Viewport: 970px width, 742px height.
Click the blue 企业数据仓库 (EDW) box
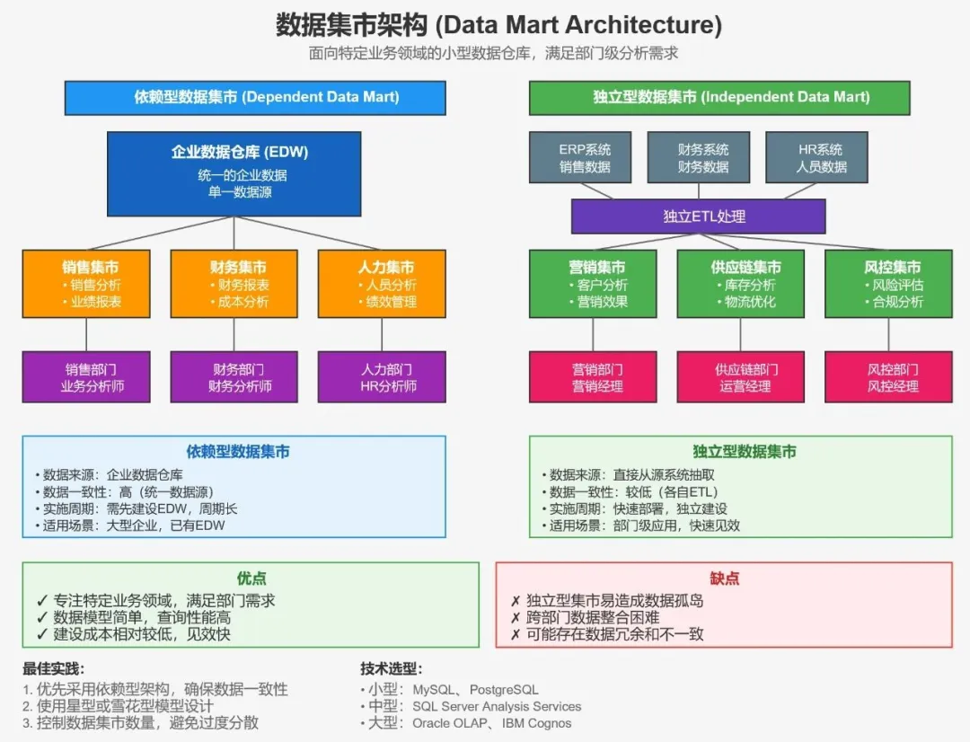coord(234,174)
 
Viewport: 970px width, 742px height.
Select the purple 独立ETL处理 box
coord(699,216)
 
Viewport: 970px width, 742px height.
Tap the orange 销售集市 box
coord(86,284)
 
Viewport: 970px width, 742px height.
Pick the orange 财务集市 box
coord(234,284)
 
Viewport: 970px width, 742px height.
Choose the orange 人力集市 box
coord(382,284)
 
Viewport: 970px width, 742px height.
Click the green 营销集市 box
coord(593,284)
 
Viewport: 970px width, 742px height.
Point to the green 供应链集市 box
coord(740,284)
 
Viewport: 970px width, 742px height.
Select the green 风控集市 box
coord(888,284)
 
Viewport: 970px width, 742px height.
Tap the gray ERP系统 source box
coord(580,157)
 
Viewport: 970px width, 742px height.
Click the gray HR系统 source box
coord(816,157)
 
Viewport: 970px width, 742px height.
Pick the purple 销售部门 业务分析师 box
coord(86,377)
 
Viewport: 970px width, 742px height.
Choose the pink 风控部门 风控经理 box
coord(888,377)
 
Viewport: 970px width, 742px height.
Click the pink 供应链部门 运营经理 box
coord(740,377)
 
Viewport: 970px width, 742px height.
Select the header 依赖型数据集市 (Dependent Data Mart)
coord(255,98)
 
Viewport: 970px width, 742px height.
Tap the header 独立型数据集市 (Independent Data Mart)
coord(719,98)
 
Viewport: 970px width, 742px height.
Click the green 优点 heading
coord(251,578)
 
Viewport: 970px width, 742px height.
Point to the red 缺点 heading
coord(725,578)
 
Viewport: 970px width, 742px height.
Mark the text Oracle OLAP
coord(449,723)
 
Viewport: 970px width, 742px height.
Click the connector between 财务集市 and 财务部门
coord(234,334)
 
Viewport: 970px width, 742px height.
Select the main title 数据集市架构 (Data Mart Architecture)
coord(498,25)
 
